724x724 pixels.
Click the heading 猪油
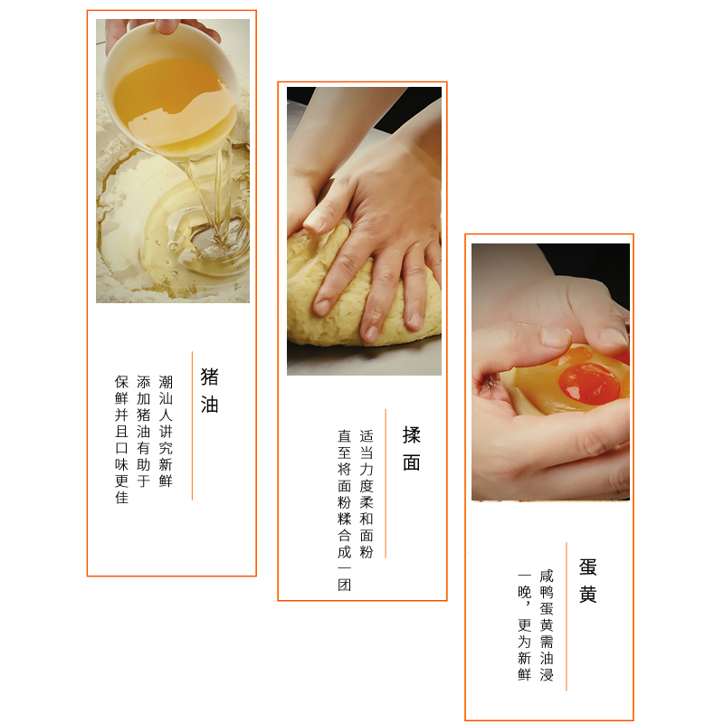(209, 391)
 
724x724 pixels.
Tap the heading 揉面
(411, 449)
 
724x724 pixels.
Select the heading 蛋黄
(587, 580)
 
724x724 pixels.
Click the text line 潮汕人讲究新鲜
(166, 432)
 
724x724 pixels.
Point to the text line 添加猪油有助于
(144, 432)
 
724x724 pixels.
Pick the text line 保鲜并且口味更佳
(121, 440)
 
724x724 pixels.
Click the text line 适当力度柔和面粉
(367, 494)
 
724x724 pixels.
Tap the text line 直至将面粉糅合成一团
(345, 510)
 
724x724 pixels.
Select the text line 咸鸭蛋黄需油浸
(547, 625)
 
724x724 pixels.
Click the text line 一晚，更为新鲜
(525, 625)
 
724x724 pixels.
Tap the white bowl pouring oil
(171, 88)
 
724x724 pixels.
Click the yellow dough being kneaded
(360, 296)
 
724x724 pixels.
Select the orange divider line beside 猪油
(192, 425)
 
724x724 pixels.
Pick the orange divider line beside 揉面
(386, 483)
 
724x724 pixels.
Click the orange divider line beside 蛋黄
(567, 616)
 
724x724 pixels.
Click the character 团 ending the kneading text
(345, 585)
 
